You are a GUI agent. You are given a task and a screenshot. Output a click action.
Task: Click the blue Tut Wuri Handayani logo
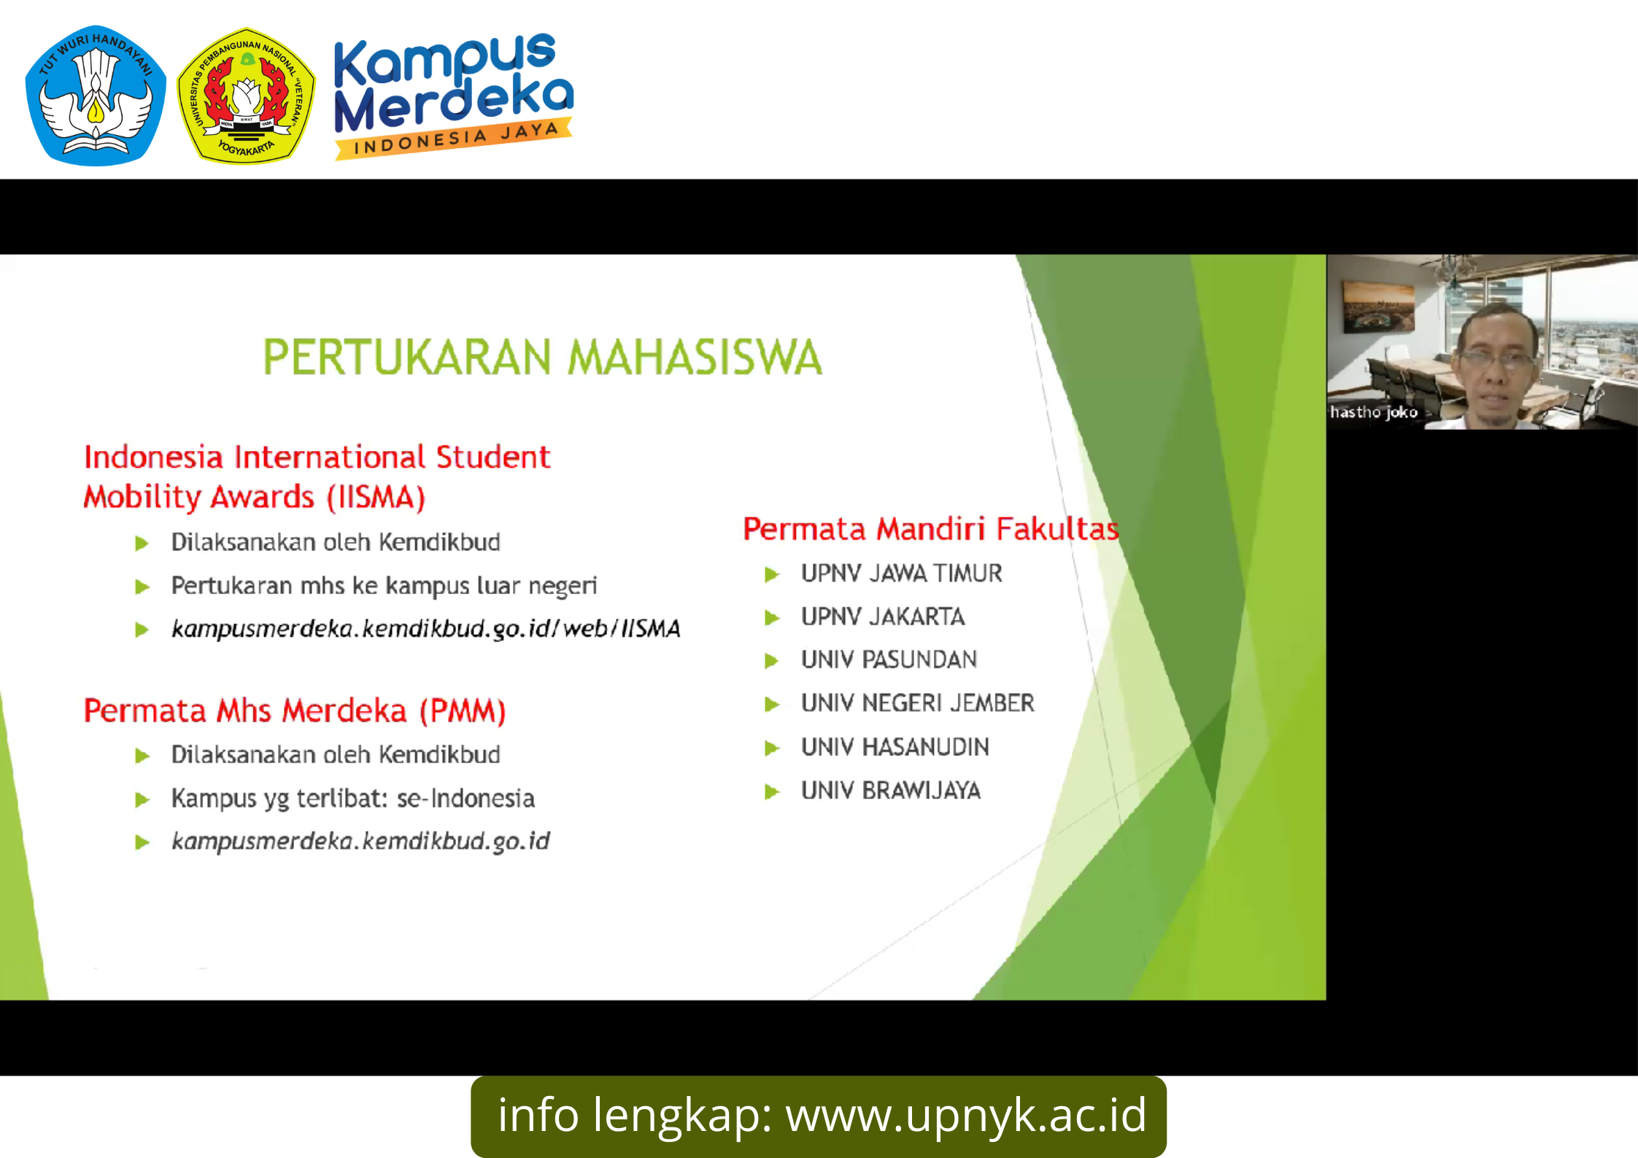[96, 95]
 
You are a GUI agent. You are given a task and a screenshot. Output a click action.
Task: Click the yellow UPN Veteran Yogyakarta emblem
[247, 96]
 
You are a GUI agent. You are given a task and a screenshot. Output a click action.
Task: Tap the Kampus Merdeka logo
[453, 95]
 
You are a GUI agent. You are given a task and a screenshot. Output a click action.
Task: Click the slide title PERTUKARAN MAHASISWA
[542, 357]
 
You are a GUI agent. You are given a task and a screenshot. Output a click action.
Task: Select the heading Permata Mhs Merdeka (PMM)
[295, 711]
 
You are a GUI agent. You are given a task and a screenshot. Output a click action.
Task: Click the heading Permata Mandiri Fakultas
[930, 528]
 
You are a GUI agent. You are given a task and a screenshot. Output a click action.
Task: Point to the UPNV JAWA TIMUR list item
[901, 574]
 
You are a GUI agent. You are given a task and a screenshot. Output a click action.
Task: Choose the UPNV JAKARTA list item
[883, 617]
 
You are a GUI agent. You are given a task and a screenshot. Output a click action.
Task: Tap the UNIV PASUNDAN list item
[889, 660]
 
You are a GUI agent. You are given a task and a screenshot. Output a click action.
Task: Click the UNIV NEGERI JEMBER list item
[917, 703]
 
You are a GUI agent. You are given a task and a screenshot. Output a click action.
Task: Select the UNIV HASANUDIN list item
[895, 746]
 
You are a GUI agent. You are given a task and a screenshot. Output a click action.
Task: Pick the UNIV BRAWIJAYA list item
[890, 790]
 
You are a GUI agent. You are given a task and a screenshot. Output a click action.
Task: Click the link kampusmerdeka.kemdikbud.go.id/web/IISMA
[425, 628]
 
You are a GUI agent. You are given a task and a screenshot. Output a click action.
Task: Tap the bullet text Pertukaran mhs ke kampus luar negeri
[384, 585]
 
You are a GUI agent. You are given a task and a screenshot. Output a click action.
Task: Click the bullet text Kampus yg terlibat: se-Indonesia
[352, 798]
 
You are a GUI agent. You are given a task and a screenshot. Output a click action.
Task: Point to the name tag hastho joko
[1373, 412]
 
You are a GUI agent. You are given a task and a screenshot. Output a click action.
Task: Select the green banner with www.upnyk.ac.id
[819, 1116]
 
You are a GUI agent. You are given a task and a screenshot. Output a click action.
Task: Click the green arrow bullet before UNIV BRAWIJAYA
[772, 792]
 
